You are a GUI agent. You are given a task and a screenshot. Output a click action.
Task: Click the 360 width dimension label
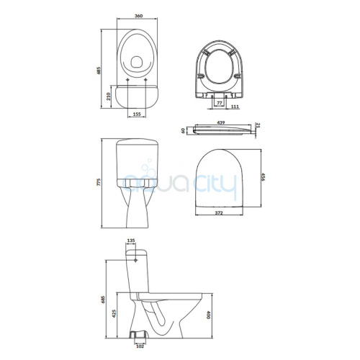[138, 16]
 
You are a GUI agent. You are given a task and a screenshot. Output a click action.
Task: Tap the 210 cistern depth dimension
[108, 96]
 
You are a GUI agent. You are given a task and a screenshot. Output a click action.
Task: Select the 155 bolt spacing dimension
[137, 114]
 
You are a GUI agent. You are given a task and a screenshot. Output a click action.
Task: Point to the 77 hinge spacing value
[219, 103]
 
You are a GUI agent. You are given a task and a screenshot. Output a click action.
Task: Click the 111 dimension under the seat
[235, 107]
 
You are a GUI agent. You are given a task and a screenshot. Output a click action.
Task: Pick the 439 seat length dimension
[220, 122]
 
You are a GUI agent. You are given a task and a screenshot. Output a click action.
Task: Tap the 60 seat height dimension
[183, 130]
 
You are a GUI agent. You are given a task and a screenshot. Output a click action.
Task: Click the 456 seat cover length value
[263, 177]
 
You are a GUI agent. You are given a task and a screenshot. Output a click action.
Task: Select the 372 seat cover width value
[219, 212]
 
